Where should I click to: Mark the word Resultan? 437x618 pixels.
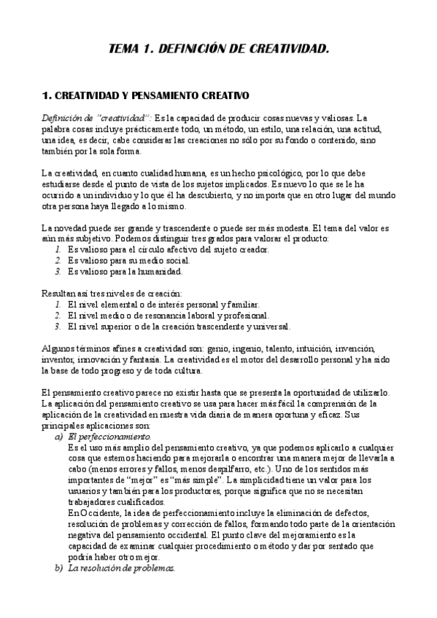coord(59,292)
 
